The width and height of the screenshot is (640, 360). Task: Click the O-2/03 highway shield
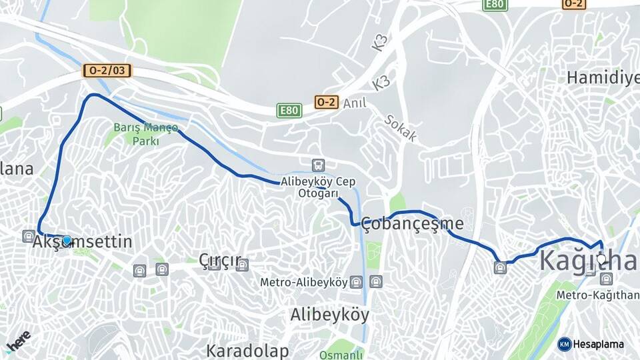pyautogui.click(x=107, y=70)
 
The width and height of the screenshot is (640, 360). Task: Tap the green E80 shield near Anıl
pyautogui.click(x=289, y=110)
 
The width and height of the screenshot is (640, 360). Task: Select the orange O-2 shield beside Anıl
pyautogui.click(x=326, y=102)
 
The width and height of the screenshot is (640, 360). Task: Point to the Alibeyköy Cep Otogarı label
pyautogui.click(x=318, y=187)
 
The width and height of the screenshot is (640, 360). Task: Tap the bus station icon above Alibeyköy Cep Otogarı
pyautogui.click(x=319, y=165)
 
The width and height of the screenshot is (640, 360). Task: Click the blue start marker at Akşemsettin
pyautogui.click(x=67, y=240)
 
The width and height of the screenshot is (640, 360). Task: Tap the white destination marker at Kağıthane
pyautogui.click(x=601, y=259)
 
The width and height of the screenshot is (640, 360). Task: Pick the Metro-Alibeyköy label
pyautogui.click(x=304, y=282)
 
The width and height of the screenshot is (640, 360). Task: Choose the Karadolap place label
pyautogui.click(x=247, y=351)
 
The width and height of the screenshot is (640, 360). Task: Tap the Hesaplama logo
pyautogui.click(x=591, y=344)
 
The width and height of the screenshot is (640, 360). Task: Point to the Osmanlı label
pyautogui.click(x=341, y=354)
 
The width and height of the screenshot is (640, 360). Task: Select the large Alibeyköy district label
pyautogui.click(x=329, y=315)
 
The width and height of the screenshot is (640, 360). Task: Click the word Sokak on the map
pyautogui.click(x=400, y=128)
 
